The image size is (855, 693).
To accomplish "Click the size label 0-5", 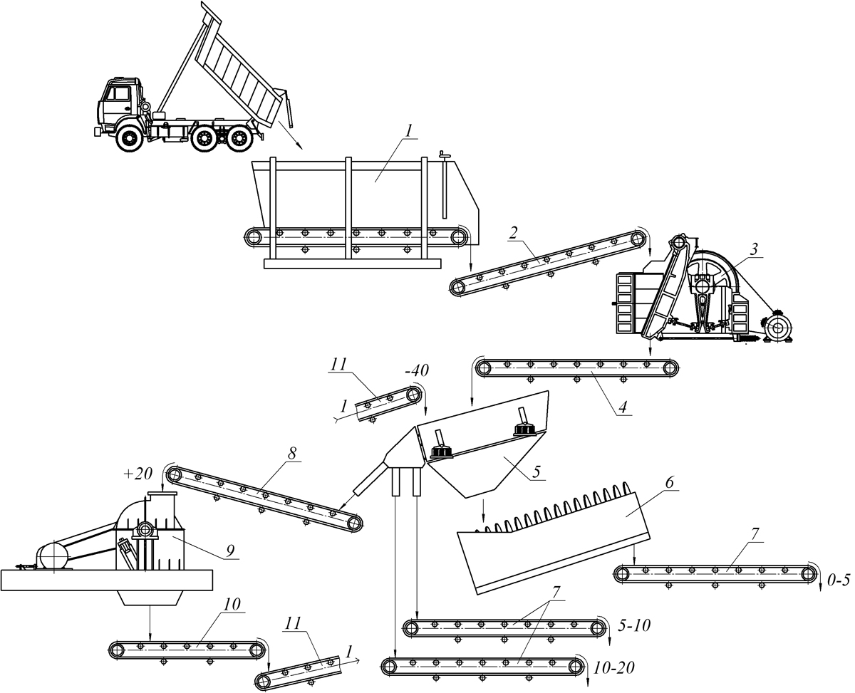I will pyautogui.click(x=839, y=579).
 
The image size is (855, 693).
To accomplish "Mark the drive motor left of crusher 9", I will pyautogui.click(x=52, y=556).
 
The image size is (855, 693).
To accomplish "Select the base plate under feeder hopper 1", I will pyautogui.click(x=352, y=264).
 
